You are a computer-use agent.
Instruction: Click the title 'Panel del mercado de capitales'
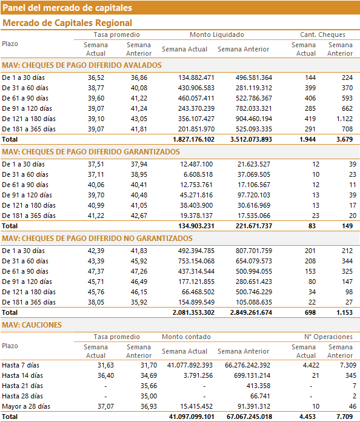tap(67, 8)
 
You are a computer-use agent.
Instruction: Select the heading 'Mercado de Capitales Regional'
tap(67, 23)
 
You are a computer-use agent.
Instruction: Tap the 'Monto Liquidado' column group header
tap(217, 35)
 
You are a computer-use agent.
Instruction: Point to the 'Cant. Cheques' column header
tap(322, 35)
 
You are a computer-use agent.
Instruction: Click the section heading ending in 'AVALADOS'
tap(82, 65)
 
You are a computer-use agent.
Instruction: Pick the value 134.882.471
tap(196, 77)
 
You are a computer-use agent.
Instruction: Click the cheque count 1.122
tap(345, 119)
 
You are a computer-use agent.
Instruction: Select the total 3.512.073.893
tap(251, 139)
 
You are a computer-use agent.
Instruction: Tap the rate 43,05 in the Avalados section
tap(139, 119)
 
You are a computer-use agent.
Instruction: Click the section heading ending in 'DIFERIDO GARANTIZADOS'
tap(91, 152)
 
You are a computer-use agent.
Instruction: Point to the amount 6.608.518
tap(198, 174)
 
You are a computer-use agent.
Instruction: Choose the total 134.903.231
tap(196, 226)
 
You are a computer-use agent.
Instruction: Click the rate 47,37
tap(96, 271)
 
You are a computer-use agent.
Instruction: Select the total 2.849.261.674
tap(251, 312)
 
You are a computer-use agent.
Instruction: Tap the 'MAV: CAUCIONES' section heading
tap(32, 325)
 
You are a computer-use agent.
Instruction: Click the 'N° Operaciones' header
tap(328, 337)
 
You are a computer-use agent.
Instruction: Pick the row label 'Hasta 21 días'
tap(22, 386)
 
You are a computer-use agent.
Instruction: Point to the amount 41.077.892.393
tap(190, 365)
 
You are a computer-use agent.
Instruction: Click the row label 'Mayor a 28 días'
tap(26, 406)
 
